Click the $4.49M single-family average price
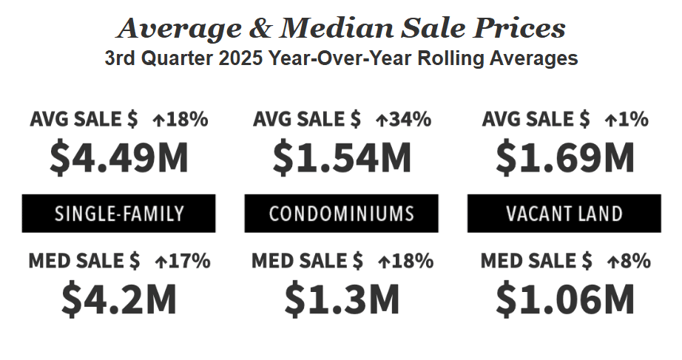119,157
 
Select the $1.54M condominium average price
342,157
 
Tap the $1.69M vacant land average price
565,157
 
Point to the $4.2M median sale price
119,298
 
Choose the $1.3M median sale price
342,298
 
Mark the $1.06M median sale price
565,298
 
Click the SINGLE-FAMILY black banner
119,214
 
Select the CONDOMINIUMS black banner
342,214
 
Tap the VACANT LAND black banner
564,214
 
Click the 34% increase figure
411,119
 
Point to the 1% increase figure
635,119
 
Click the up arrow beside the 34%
382,120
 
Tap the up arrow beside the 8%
612,261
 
